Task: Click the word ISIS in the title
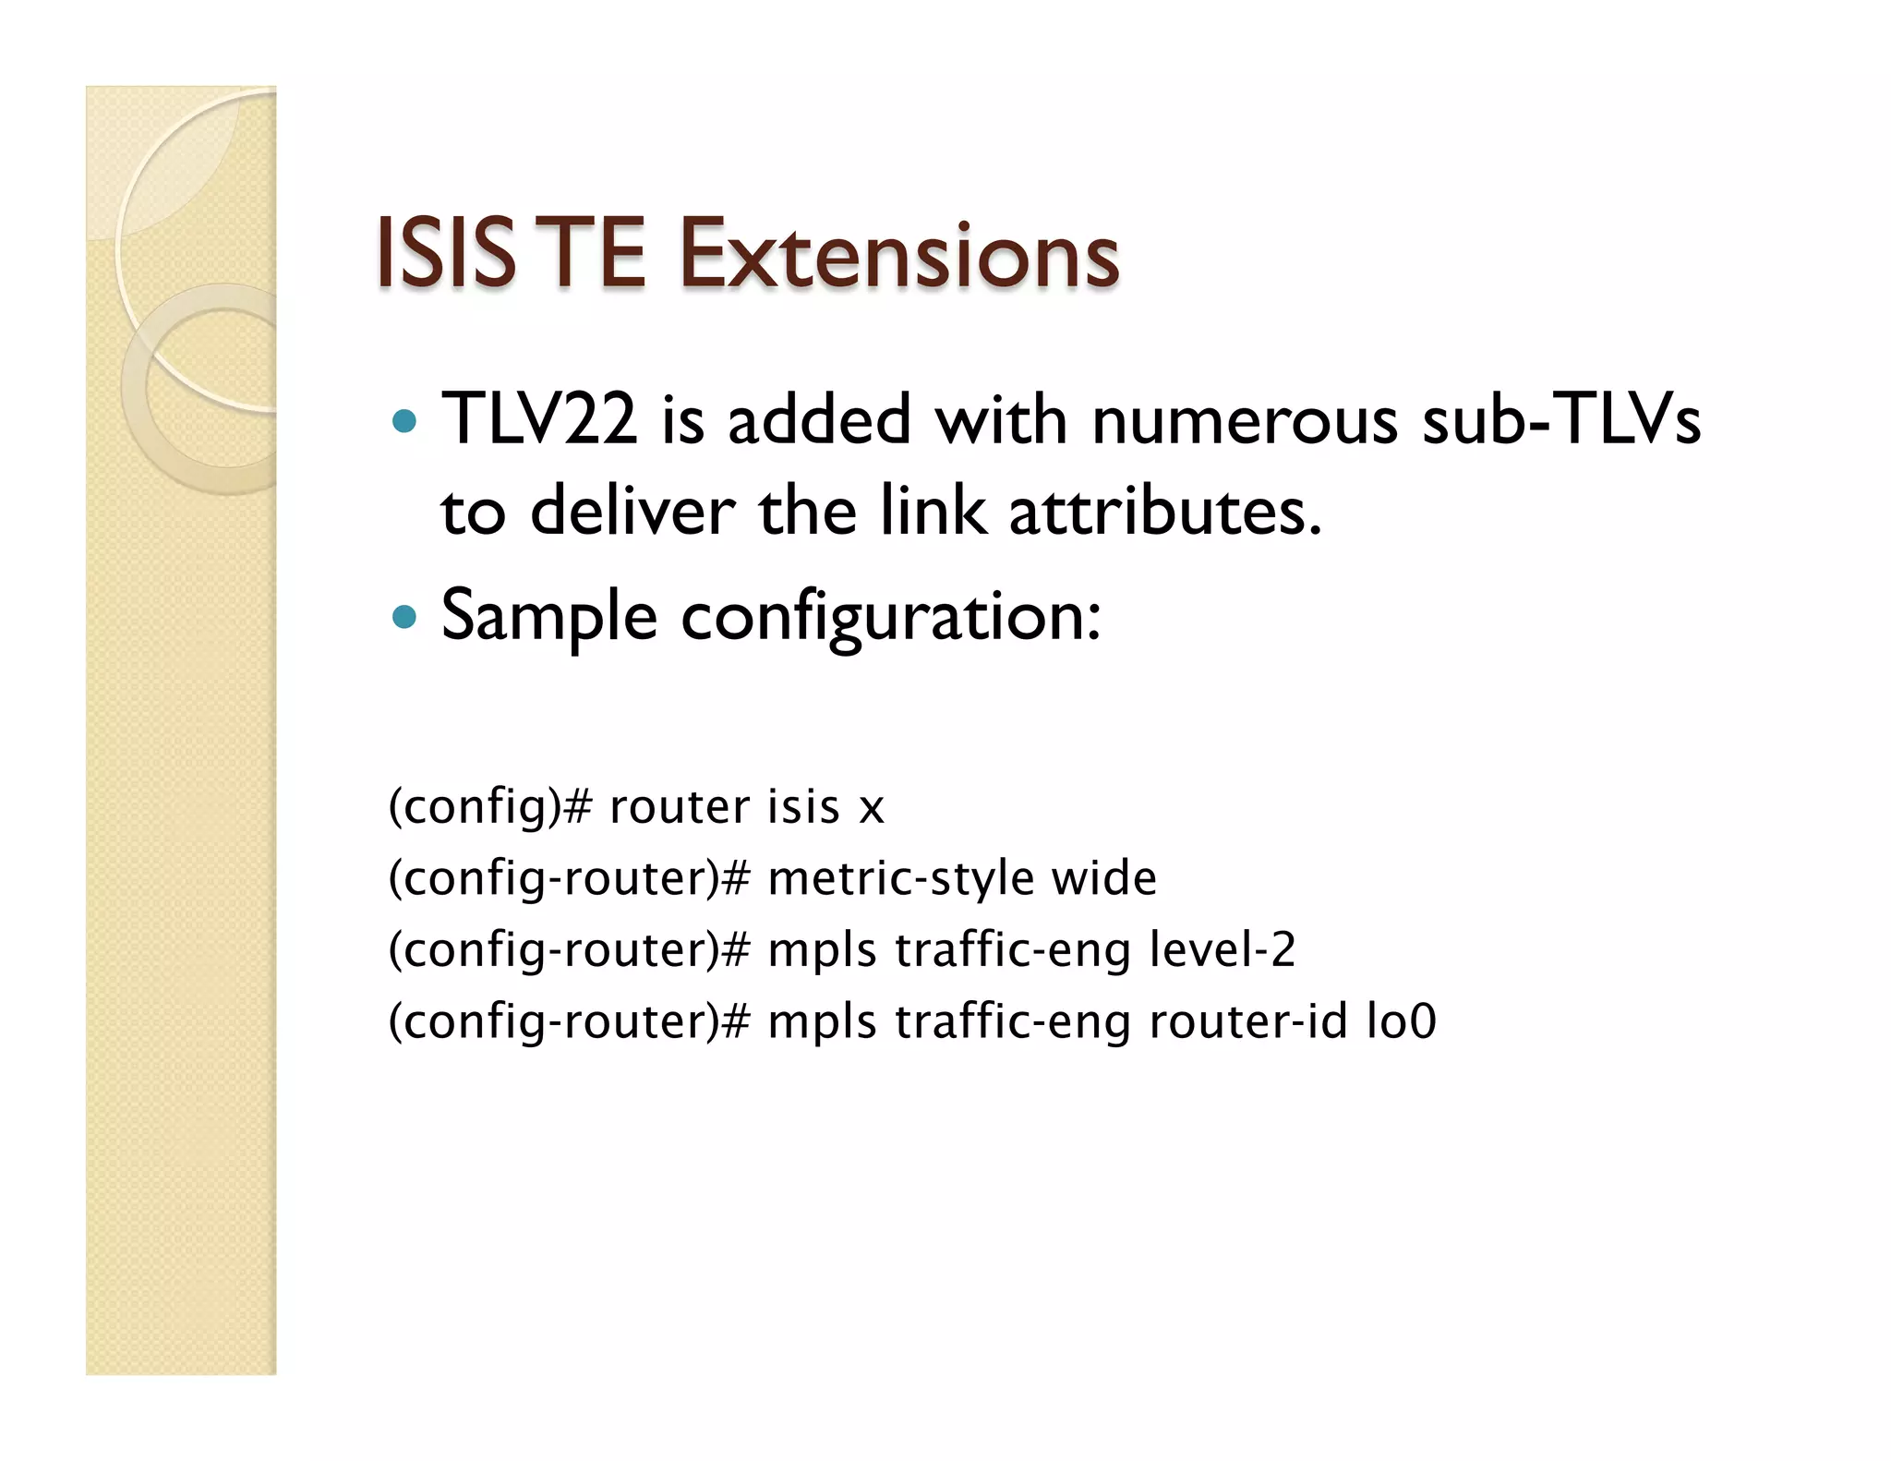coord(445,253)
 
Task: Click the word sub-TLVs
coord(1561,420)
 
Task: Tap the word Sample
coord(549,616)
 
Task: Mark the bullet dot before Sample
coord(404,616)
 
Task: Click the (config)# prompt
coord(489,807)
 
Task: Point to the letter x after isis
coord(872,809)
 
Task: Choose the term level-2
coord(1223,949)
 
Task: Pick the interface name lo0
coord(1402,1021)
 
